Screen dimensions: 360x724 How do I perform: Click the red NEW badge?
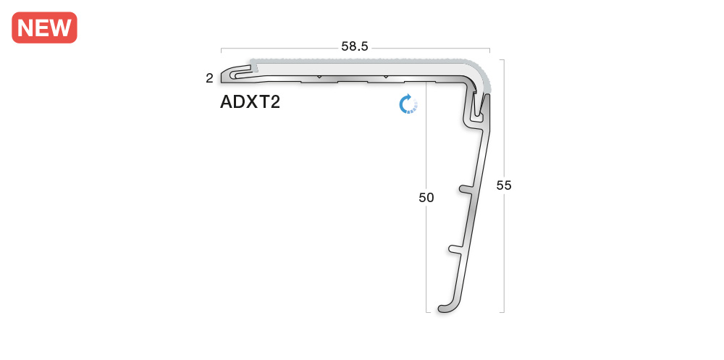(44, 28)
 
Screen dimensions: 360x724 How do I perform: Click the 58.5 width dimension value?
(355, 46)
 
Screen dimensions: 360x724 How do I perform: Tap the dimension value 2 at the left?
(209, 78)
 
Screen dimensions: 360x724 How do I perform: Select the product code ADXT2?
(250, 102)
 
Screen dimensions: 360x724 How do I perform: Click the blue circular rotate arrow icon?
(408, 104)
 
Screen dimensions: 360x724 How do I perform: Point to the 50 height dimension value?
(426, 197)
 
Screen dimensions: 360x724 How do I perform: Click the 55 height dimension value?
(504, 185)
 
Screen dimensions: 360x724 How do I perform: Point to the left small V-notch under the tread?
(319, 77)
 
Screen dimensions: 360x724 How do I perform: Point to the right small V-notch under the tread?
(385, 77)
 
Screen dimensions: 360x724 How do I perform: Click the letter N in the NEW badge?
(26, 28)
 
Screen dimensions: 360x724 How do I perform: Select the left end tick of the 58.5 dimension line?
(221, 51)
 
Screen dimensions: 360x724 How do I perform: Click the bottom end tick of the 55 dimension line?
(502, 312)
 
